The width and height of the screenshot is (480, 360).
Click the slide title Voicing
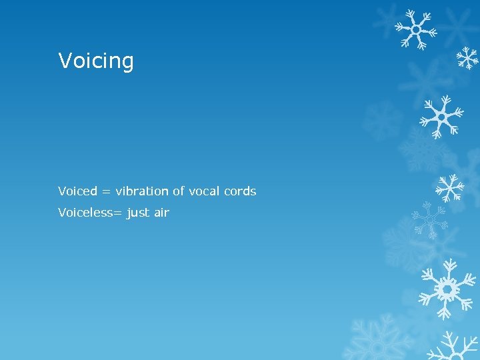[x=96, y=61]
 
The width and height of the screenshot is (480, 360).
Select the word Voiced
[x=77, y=191]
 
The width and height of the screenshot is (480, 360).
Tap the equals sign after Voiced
[x=107, y=192]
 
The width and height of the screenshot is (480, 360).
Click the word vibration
[x=142, y=191]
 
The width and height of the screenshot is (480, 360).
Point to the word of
[x=178, y=191]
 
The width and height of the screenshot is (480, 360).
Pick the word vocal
[x=204, y=191]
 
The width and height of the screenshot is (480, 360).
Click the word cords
[x=240, y=191]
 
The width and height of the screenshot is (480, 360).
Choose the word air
[x=162, y=213]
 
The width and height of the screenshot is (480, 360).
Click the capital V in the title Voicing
[x=65, y=61]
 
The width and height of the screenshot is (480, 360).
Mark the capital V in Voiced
[x=62, y=191]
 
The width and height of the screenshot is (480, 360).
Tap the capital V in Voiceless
[x=62, y=213]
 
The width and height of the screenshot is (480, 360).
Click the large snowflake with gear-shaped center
[x=446, y=289]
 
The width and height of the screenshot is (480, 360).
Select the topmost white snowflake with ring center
[x=415, y=29]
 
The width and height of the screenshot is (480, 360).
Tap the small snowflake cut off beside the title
[x=468, y=59]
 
